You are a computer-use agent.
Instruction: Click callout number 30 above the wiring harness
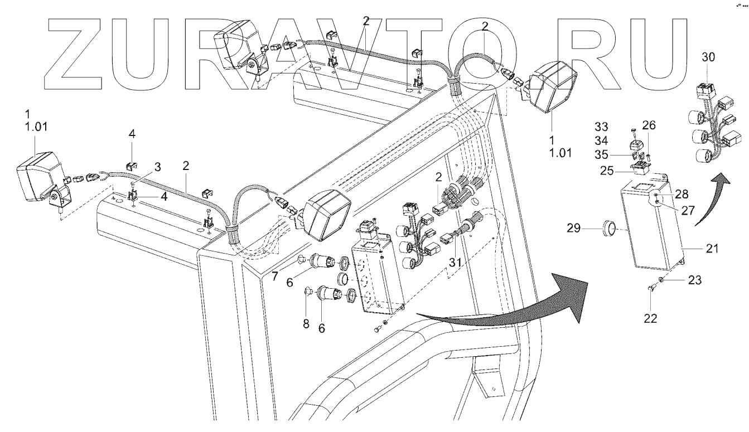click(708, 57)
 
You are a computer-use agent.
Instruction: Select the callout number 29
click(589, 228)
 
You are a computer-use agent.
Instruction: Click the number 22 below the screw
click(650, 318)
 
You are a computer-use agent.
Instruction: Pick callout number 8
click(306, 323)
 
